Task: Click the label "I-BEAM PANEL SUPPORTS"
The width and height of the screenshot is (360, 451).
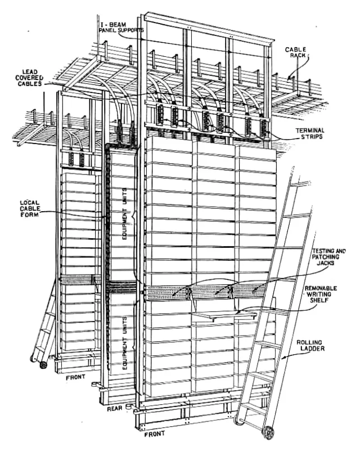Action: [x=121, y=28]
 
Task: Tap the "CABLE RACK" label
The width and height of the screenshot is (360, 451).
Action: [x=296, y=52]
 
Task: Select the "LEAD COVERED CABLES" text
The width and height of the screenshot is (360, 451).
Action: [x=29, y=78]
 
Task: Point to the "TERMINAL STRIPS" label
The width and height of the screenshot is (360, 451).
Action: [x=310, y=134]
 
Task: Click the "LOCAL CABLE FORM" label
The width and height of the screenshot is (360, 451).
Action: [x=30, y=209]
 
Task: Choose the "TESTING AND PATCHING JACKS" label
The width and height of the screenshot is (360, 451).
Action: [x=328, y=257]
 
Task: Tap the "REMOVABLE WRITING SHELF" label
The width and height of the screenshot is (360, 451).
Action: [x=321, y=294]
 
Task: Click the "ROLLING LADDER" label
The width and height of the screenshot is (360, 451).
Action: [x=310, y=346]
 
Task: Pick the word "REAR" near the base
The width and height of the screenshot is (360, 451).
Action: [x=115, y=408]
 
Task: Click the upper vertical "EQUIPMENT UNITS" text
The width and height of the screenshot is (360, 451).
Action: [x=125, y=214]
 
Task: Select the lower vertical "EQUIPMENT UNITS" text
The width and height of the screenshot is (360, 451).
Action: [x=125, y=343]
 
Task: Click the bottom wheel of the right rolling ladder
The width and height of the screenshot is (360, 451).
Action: [x=269, y=432]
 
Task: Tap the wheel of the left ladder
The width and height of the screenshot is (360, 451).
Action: [x=43, y=365]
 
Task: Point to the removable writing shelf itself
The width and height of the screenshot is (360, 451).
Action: [x=224, y=315]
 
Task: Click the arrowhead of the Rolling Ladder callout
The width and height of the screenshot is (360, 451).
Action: [x=283, y=358]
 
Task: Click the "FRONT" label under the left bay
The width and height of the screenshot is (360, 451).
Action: [x=75, y=377]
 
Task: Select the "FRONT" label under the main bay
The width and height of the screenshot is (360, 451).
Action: [x=155, y=434]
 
